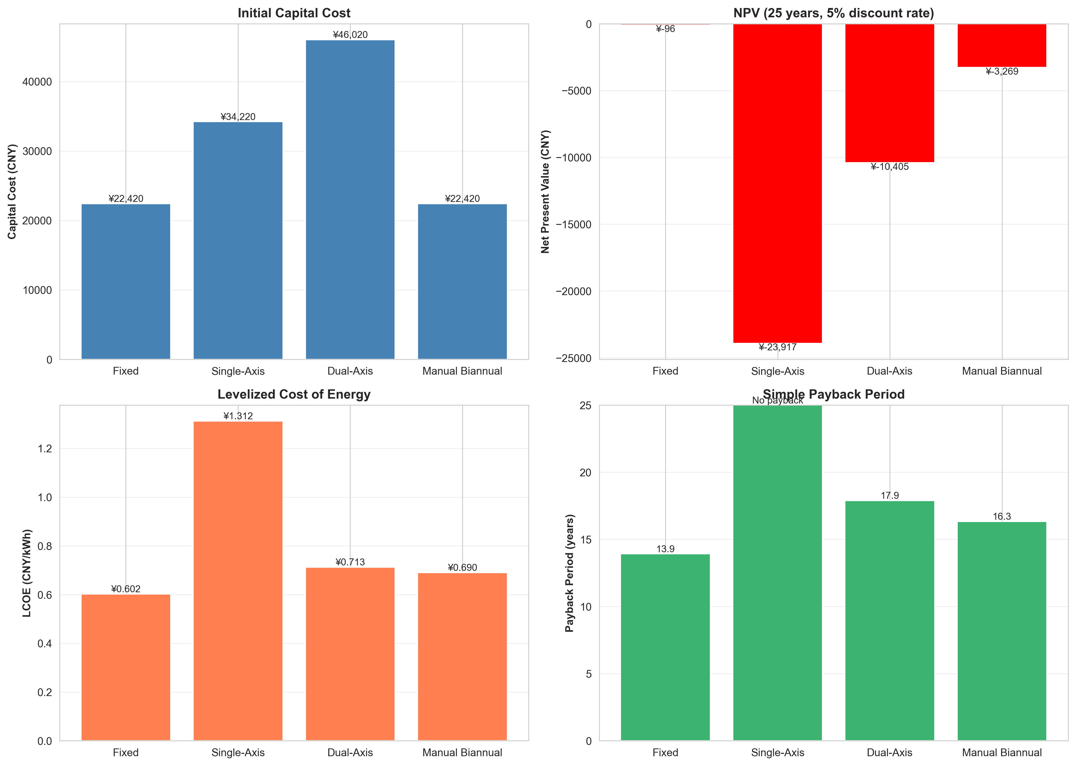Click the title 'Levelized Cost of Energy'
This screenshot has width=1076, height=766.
pyautogui.click(x=294, y=394)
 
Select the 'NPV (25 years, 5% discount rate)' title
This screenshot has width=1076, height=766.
pyautogui.click(x=834, y=13)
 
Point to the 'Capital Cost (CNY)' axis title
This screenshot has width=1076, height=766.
pyautogui.click(x=12, y=192)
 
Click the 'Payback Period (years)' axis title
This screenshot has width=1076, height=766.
pyautogui.click(x=570, y=573)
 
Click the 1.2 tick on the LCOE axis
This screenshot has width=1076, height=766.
pyautogui.click(x=45, y=448)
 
